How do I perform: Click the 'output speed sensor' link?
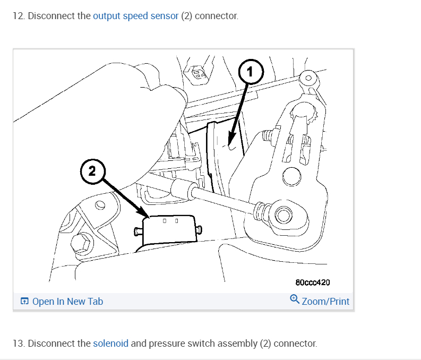(135, 16)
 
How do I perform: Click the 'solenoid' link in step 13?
(110, 344)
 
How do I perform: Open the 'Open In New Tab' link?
(67, 302)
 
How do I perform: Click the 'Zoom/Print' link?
(325, 302)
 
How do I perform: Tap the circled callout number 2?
(92, 171)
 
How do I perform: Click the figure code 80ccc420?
(316, 282)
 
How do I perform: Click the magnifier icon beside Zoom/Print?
(295, 299)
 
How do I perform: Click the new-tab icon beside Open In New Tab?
(24, 302)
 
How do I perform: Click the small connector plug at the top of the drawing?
(197, 74)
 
